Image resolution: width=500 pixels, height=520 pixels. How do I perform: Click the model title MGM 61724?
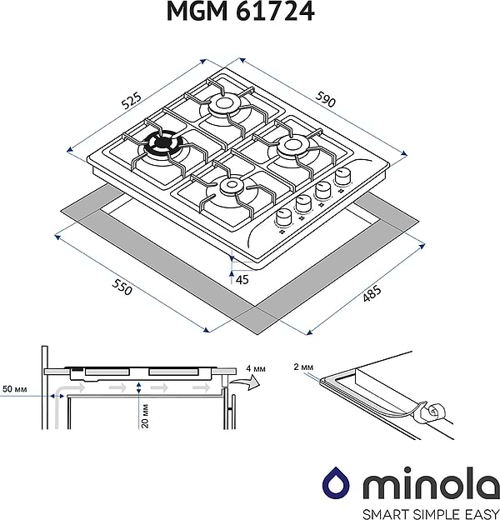tap(250, 14)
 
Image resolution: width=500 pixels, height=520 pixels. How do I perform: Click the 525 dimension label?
tap(131, 102)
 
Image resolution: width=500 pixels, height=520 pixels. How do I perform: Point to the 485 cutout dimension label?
tap(372, 295)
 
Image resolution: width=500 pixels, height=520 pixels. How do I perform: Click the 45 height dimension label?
tap(242, 280)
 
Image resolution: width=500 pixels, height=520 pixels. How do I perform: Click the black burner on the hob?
tap(159, 145)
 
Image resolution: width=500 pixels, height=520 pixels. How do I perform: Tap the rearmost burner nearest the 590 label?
tap(224, 104)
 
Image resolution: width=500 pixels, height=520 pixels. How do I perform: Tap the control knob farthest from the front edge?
tap(342, 177)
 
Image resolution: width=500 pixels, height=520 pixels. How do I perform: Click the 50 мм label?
tap(14, 389)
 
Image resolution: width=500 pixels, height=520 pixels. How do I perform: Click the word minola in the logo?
tap(419, 483)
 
